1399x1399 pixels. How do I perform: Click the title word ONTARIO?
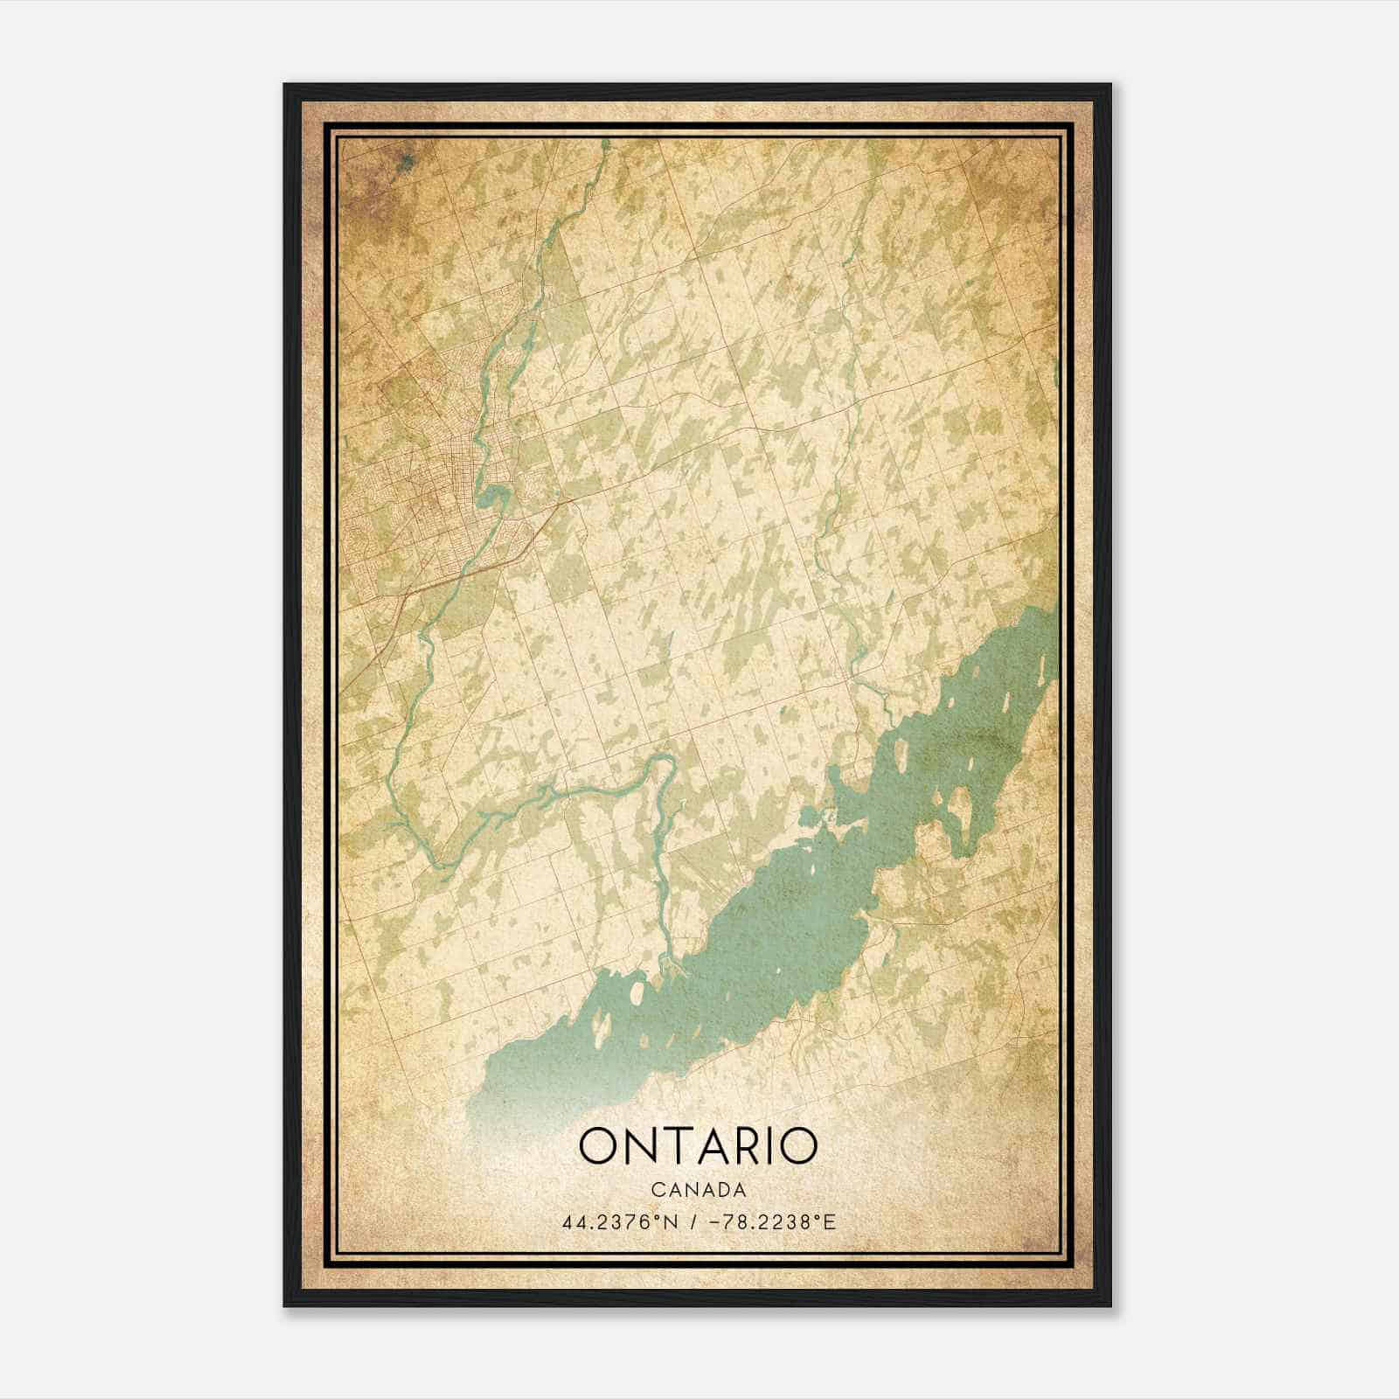point(698,1146)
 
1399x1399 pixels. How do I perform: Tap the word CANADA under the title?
point(698,1190)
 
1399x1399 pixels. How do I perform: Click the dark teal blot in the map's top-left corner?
point(404,160)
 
